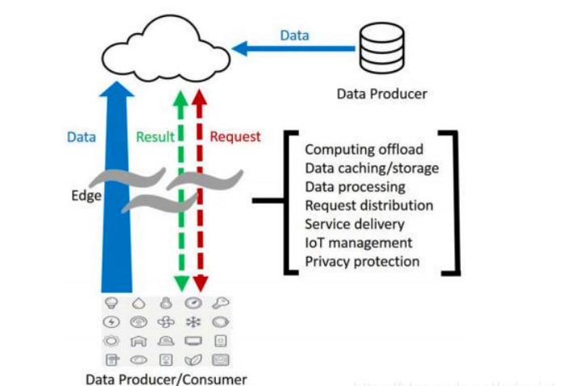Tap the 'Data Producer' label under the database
coord(382,94)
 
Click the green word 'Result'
coord(154,137)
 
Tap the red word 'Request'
coord(235,137)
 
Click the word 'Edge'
coord(85,195)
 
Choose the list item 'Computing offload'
coord(364,150)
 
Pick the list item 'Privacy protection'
coord(362,262)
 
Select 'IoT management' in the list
coord(358,243)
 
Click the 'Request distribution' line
coord(369,206)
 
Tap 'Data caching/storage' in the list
coord(372,169)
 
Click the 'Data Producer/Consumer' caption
coord(166,379)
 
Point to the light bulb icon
coord(111,304)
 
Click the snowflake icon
coord(193,322)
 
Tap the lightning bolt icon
coord(111,322)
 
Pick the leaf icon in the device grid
coord(193,359)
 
